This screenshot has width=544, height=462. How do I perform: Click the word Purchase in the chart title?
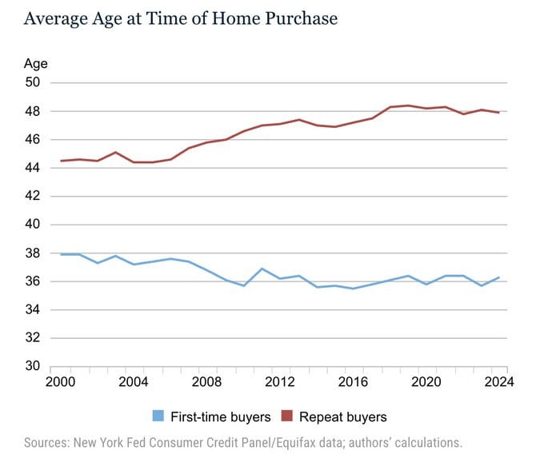tap(301, 18)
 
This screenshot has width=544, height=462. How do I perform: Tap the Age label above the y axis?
tap(36, 65)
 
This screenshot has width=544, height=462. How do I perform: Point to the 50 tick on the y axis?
tap(33, 82)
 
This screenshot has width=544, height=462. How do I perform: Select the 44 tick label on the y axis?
tap(33, 168)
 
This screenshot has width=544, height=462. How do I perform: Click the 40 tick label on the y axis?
tap(33, 225)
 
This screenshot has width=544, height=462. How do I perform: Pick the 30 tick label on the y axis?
tap(33, 365)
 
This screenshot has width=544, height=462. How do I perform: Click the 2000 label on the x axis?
tap(60, 382)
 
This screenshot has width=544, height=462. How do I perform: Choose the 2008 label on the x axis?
tap(206, 382)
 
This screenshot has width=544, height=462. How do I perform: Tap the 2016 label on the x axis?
tap(353, 382)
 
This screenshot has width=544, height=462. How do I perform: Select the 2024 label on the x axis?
tap(499, 382)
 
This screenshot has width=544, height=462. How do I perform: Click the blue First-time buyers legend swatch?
tap(158, 416)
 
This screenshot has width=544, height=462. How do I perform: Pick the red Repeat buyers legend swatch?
tap(287, 416)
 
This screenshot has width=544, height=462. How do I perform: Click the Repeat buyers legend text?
tap(342, 417)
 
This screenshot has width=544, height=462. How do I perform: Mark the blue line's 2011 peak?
tap(262, 269)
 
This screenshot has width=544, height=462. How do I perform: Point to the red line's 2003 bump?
tap(115, 152)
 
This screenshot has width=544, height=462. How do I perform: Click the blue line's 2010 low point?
tap(244, 285)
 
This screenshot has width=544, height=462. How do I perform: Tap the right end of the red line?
tap(499, 112)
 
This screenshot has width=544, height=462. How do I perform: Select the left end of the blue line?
tap(61, 254)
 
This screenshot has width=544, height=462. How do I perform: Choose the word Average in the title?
tap(55, 18)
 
